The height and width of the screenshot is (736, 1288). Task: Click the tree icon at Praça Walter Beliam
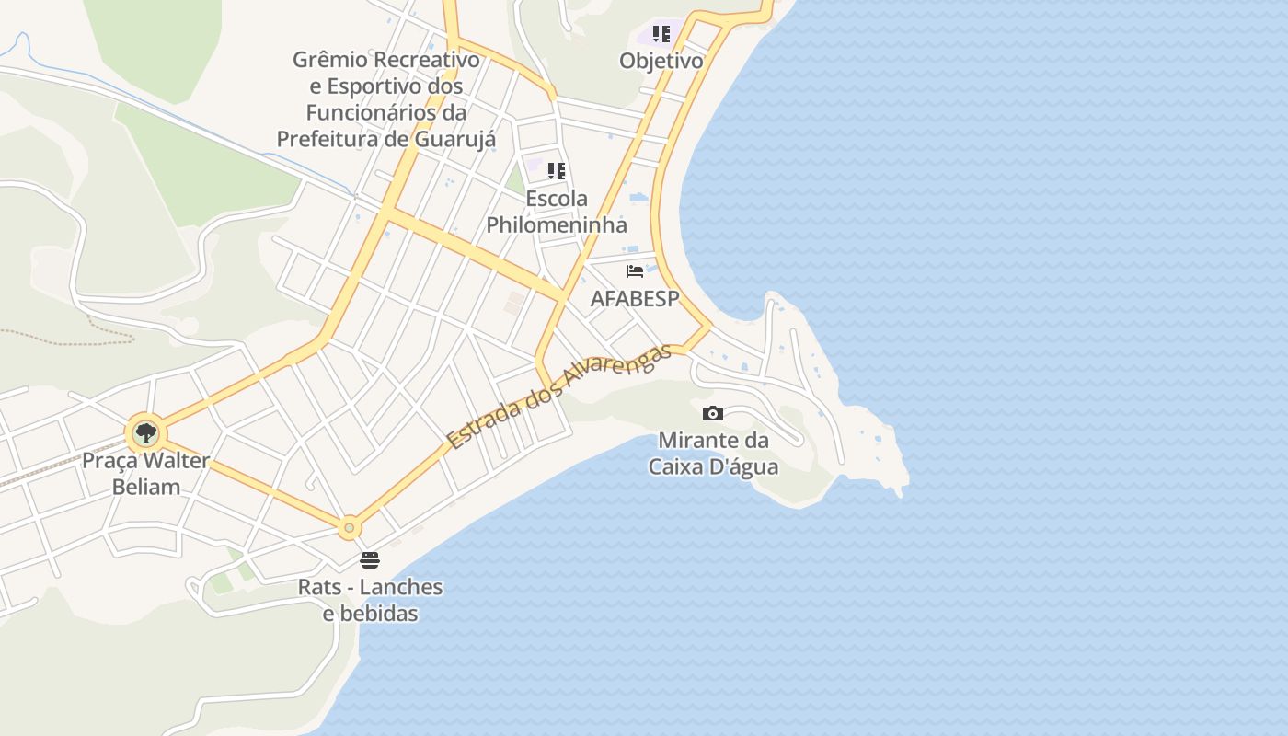coord(145,433)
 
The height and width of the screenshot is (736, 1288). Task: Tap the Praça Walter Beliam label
coord(146,473)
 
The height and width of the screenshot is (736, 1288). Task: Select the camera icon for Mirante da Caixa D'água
coord(712,414)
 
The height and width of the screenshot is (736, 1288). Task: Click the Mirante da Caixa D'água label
coord(713,454)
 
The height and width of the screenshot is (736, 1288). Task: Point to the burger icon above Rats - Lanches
coord(370,560)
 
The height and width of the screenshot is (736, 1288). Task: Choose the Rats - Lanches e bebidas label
coord(370,600)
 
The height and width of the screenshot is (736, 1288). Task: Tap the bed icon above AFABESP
coord(634,271)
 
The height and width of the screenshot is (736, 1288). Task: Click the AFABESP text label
coord(634,299)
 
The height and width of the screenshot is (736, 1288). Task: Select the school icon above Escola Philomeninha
coord(556,171)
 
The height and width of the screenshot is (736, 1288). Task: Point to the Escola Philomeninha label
coord(556,212)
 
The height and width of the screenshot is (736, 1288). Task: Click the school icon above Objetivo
coord(661,35)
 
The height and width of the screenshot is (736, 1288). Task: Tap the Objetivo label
coord(661,62)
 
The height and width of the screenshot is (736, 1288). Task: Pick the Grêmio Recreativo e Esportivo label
coord(386,99)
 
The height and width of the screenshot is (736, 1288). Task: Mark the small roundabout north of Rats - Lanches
coord(349,528)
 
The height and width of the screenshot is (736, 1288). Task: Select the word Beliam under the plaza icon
coord(146,487)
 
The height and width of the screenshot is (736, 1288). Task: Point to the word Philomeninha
coord(556,225)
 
